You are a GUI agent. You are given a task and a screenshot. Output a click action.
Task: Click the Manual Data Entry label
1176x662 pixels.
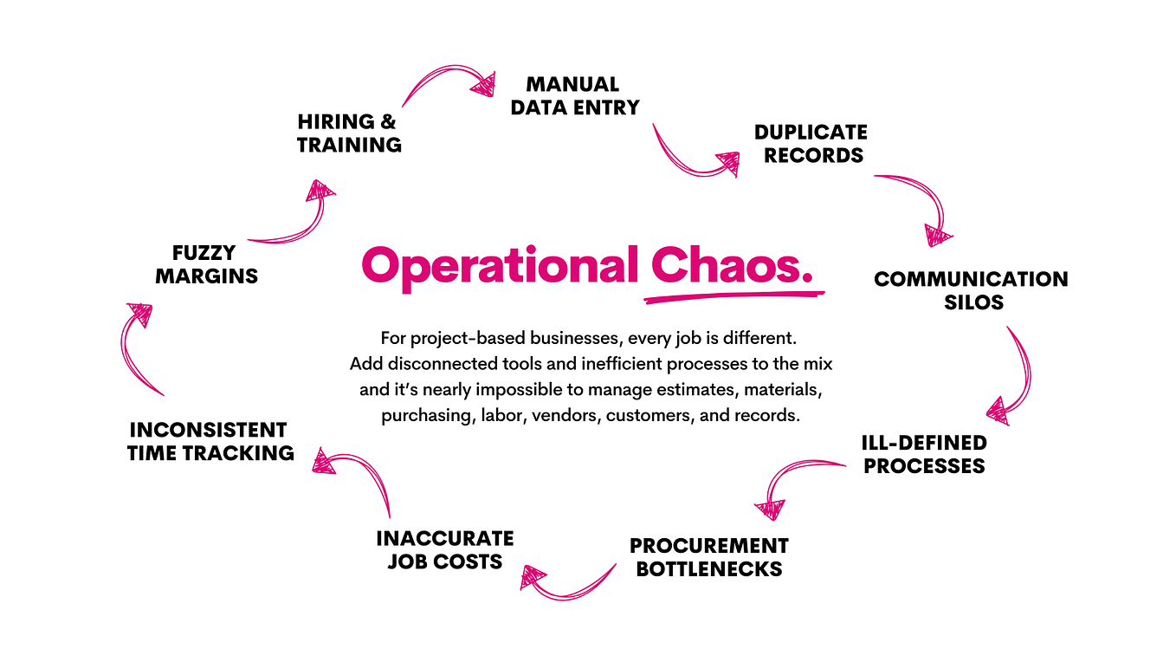pyautogui.click(x=575, y=96)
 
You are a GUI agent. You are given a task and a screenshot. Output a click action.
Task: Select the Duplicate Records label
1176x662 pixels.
pyautogui.click(x=811, y=144)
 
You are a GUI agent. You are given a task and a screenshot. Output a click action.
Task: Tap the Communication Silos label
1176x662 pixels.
pyautogui.click(x=972, y=290)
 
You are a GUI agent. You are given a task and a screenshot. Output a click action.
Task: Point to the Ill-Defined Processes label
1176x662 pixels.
pyautogui.click(x=924, y=454)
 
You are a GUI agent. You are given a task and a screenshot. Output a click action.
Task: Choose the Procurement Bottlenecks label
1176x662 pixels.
pyautogui.click(x=709, y=557)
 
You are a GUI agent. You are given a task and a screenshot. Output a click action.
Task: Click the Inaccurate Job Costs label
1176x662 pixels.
pyautogui.click(x=445, y=550)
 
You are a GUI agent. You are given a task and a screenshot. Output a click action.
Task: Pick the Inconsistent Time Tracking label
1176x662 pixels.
pyautogui.click(x=210, y=441)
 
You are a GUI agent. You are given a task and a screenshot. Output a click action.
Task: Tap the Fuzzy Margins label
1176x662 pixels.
pyautogui.click(x=206, y=264)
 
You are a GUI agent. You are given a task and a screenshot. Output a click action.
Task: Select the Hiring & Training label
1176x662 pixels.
pyautogui.click(x=349, y=133)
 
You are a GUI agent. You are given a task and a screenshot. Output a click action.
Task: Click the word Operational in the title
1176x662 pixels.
pyautogui.click(x=500, y=266)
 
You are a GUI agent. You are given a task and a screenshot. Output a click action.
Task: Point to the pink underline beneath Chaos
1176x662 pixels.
pyautogui.click(x=734, y=297)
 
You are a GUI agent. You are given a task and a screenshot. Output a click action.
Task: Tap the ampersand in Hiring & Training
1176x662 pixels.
pyautogui.click(x=387, y=122)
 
